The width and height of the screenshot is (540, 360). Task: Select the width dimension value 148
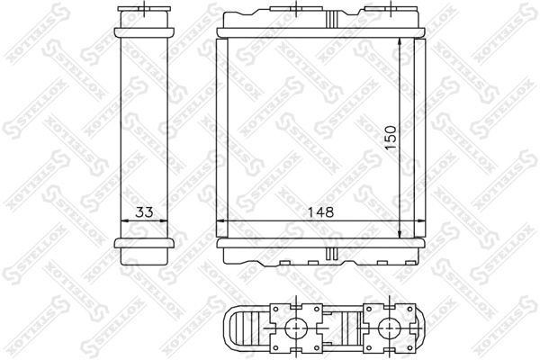coord(320,213)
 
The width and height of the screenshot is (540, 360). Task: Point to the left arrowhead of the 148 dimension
coord(223,224)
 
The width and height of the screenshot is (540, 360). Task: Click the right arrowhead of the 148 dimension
coord(419,224)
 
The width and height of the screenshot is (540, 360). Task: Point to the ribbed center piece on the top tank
coord(333,15)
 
